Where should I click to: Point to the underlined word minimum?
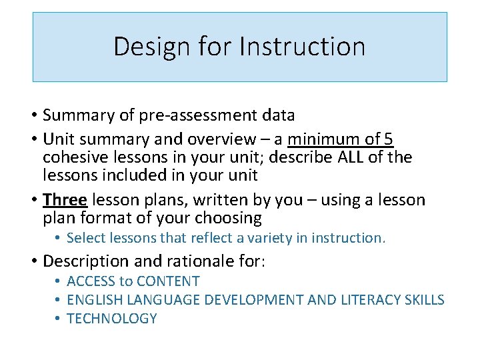coord(319,139)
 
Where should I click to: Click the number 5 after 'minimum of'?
coord(389,139)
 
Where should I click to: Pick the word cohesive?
coord(73,157)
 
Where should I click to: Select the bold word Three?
coord(64,200)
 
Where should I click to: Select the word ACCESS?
coord(89,281)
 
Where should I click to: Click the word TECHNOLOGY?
coord(112,319)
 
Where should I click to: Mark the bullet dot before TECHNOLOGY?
coord(58,319)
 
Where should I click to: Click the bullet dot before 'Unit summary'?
coord(35,139)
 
